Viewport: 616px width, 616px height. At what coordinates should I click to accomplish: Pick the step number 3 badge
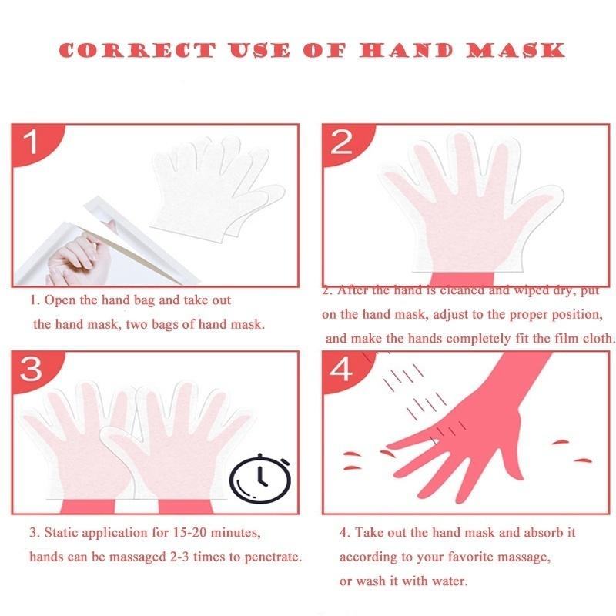point(30,369)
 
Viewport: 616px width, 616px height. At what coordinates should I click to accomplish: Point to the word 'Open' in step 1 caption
point(62,300)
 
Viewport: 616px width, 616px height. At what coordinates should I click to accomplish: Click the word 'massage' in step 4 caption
point(511,556)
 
